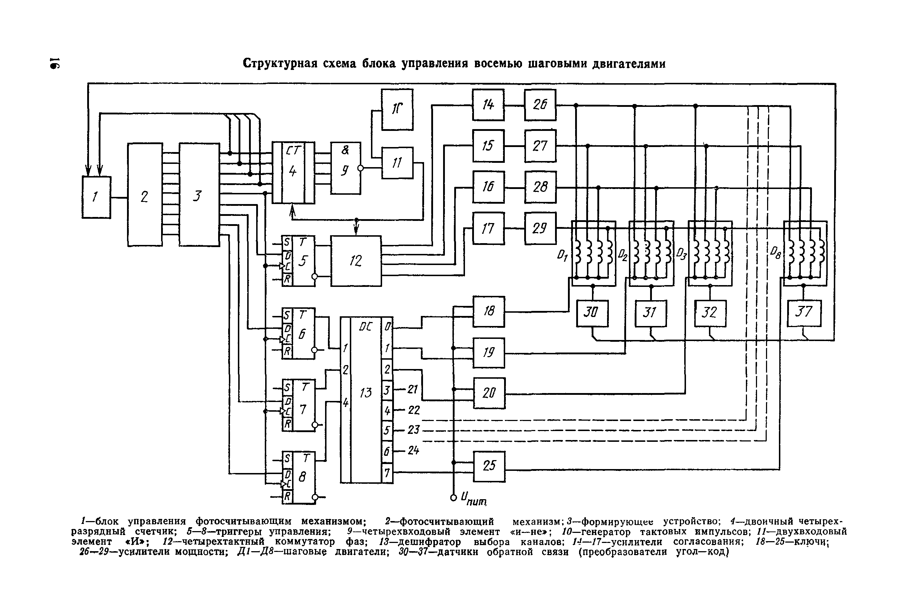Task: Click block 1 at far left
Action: click(x=96, y=197)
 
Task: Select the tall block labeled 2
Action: click(x=145, y=194)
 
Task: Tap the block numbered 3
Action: click(x=199, y=194)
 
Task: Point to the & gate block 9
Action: click(x=345, y=168)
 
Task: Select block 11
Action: click(x=397, y=162)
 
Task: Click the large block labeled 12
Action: click(x=356, y=261)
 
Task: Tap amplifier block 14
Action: click(x=488, y=105)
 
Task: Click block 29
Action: click(x=540, y=228)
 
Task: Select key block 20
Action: click(x=489, y=393)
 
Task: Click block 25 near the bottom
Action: click(x=489, y=466)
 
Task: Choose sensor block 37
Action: click(x=804, y=313)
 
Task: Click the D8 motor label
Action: click(x=775, y=254)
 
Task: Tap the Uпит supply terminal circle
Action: click(x=453, y=497)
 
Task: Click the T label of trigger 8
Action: click(x=306, y=458)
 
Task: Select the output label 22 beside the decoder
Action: click(x=414, y=410)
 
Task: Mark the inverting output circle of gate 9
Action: click(x=361, y=168)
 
